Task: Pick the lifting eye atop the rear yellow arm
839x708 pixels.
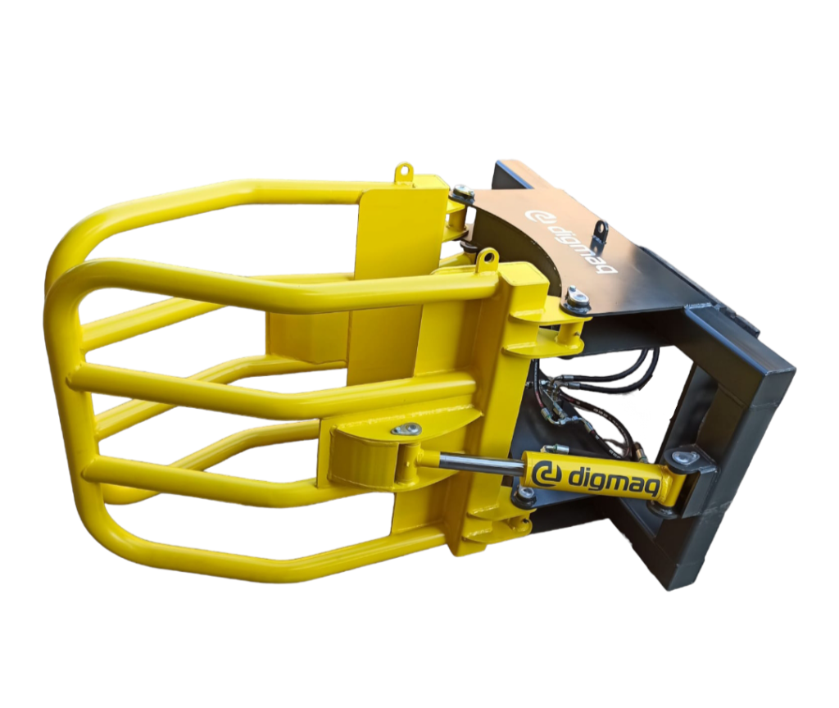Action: point(404,172)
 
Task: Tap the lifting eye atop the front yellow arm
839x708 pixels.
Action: point(487,257)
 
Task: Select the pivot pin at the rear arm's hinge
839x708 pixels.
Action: point(462,192)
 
